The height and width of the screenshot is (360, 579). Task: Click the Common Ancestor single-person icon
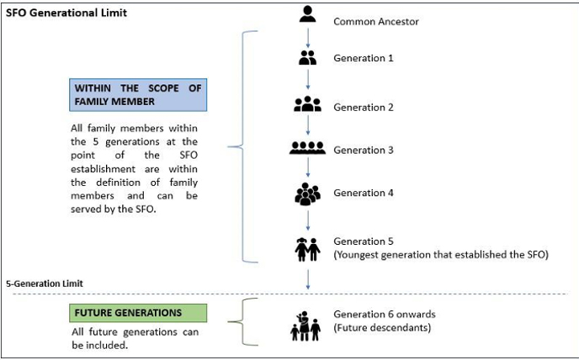pos(308,14)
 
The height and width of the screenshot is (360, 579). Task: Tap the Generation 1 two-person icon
pos(308,57)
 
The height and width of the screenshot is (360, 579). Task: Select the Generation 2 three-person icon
pos(308,103)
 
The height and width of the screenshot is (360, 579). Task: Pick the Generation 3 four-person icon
pos(308,148)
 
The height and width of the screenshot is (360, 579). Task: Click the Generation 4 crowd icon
pos(308,193)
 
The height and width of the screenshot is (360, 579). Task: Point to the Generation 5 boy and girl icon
pos(308,250)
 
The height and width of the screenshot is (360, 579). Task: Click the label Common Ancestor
pos(376,22)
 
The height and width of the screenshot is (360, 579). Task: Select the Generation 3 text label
pos(364,150)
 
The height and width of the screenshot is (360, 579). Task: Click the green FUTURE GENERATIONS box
pos(138,313)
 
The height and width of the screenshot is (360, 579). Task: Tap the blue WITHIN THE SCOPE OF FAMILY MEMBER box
pos(138,95)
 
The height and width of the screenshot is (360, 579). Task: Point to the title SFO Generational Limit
pos(66,13)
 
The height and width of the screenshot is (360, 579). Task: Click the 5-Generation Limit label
pos(45,283)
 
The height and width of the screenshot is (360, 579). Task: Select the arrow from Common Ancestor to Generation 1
pos(308,38)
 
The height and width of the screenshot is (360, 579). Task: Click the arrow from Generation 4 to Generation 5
pos(308,220)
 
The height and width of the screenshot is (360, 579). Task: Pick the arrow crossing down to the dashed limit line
pos(308,279)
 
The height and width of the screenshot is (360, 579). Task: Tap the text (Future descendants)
pos(382,327)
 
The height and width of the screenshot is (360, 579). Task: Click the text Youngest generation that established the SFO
pos(441,254)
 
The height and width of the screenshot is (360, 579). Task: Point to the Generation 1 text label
pos(364,58)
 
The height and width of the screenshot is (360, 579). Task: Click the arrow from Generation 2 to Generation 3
pos(308,125)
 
